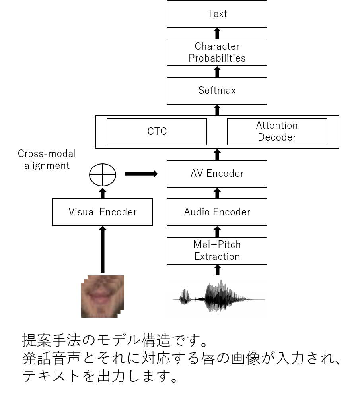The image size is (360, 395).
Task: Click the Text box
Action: point(217,14)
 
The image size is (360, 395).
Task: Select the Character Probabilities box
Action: point(217,52)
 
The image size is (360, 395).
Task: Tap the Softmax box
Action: point(217,91)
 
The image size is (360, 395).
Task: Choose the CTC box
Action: point(157,132)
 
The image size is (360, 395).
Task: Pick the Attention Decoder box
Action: point(277,132)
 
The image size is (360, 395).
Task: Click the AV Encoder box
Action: point(217,174)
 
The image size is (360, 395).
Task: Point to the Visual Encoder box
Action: point(102,212)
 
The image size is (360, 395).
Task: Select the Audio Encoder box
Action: point(217,212)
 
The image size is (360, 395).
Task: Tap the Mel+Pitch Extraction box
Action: point(217,251)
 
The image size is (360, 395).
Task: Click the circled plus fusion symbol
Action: point(103,175)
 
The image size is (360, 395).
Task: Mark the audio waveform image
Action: point(217,297)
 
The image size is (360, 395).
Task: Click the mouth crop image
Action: point(102,296)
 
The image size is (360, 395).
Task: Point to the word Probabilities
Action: point(217,58)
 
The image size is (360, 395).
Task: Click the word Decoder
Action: point(277,137)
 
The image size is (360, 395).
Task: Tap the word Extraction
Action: point(217,257)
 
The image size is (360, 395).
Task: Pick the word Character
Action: point(217,46)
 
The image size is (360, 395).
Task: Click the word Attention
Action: point(277,126)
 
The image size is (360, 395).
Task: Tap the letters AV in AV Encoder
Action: point(196,174)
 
